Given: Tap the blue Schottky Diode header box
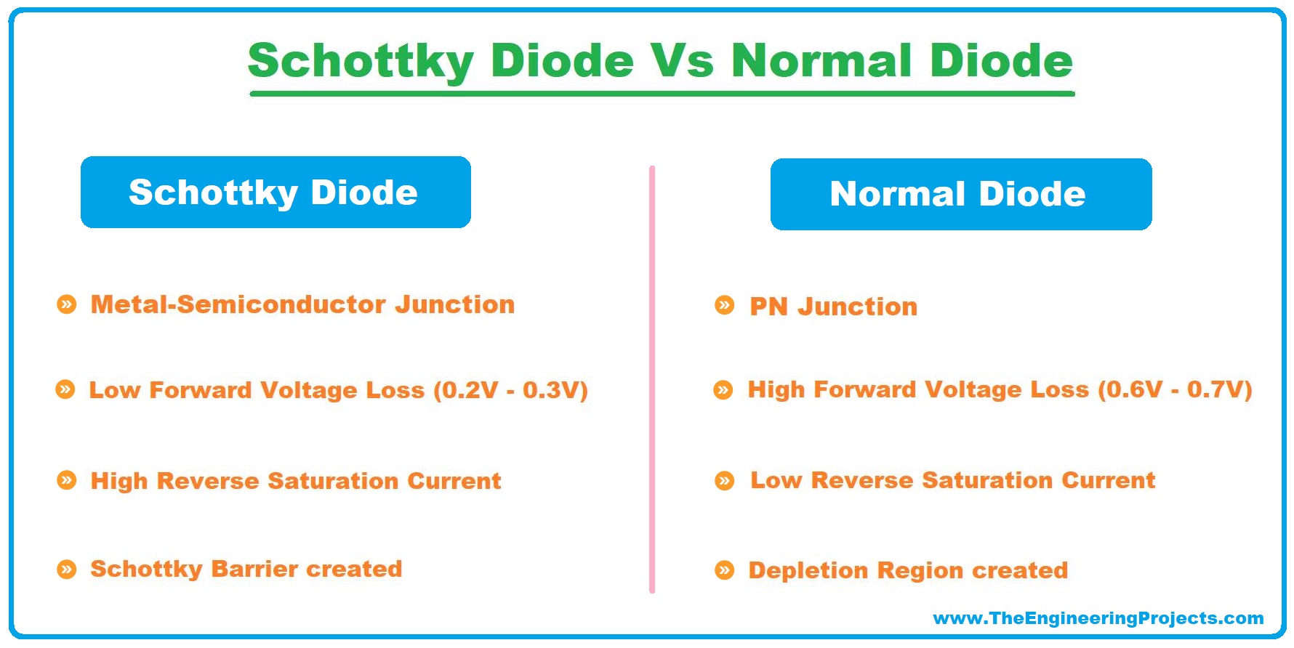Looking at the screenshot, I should coord(276,193).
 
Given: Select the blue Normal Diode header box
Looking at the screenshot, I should coord(960,195).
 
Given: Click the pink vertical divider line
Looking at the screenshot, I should coord(652,378).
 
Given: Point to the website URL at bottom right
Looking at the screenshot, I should coord(1098,618).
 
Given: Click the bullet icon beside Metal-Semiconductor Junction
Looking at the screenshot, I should coord(67,304).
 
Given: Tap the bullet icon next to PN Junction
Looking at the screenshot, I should coord(725,305).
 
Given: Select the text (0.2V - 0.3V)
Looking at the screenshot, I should coord(510,390).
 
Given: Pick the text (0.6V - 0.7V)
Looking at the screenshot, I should coord(1175,389).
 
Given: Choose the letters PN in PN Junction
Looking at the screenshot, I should coord(768,307).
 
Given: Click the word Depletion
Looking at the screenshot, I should coord(808,570).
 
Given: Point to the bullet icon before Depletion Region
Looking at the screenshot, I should coord(725,570).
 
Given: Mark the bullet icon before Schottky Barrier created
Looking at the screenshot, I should coord(67,569).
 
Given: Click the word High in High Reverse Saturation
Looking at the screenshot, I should coord(118,481).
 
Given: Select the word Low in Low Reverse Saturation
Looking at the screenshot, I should coord(776,480).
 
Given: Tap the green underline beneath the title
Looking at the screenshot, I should coord(662,94).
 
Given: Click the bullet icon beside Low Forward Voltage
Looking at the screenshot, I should coord(65,390).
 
